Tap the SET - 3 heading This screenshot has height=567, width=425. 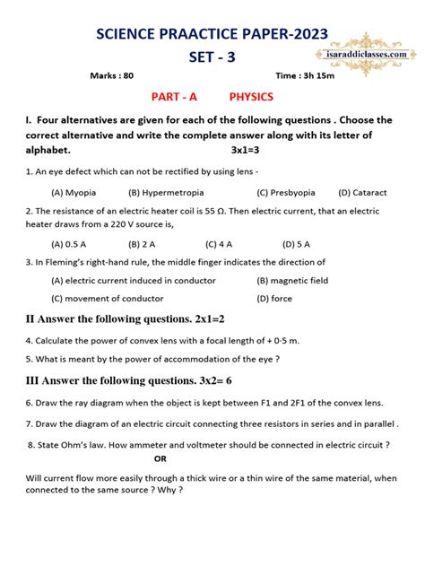coord(211,56)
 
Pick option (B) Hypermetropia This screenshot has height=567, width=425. coord(166,192)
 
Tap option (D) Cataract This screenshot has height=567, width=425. coord(363,192)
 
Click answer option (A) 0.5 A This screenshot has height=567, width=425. coord(69,243)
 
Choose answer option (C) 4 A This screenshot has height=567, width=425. coord(218,243)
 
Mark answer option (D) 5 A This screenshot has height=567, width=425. coord(296,243)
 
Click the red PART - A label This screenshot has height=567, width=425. coord(175,95)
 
